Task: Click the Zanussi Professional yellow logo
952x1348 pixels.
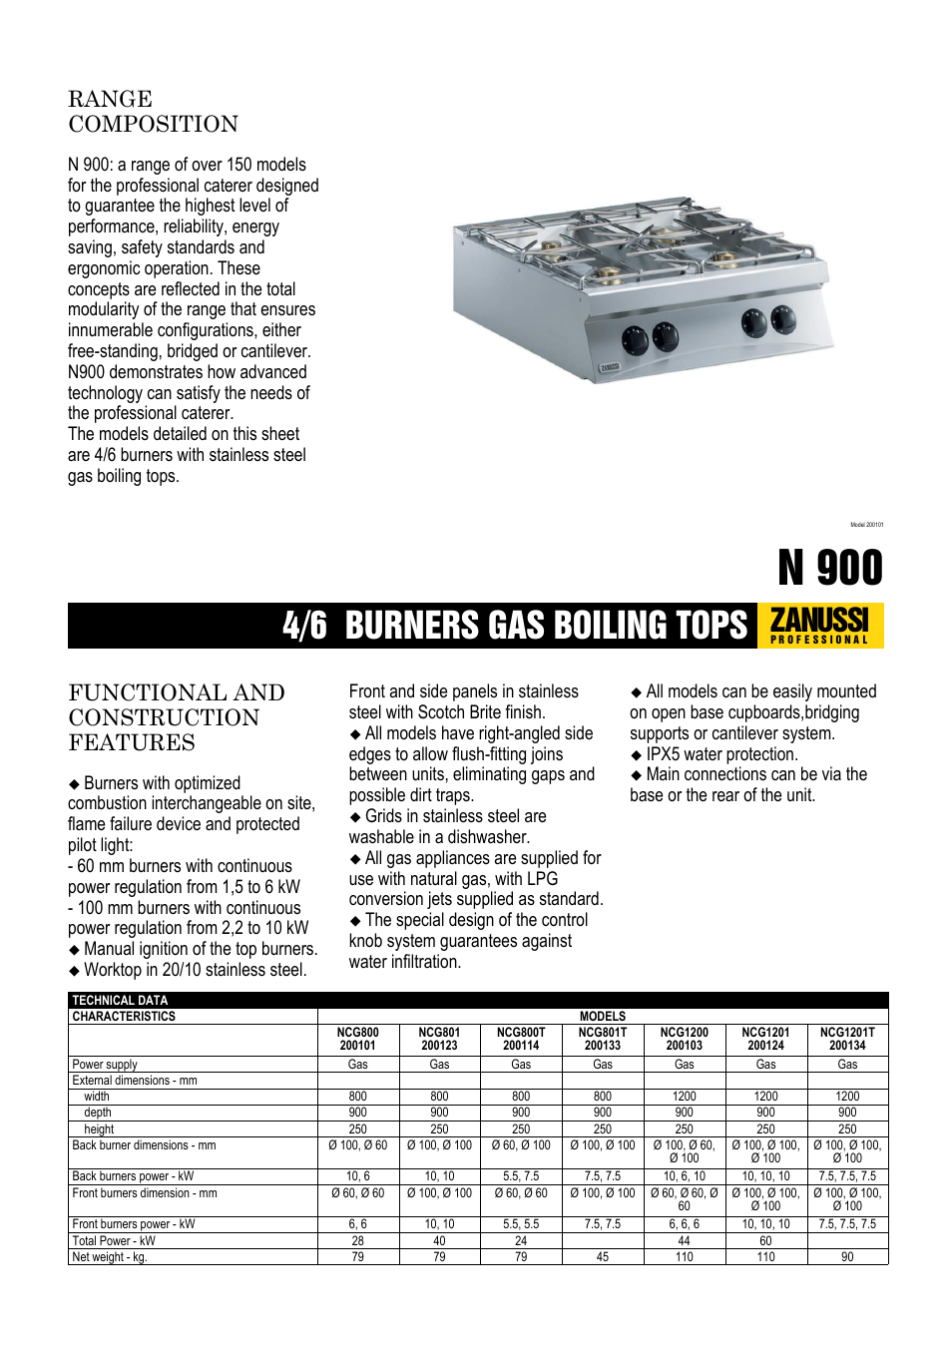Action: [820, 626]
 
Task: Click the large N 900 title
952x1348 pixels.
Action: [830, 568]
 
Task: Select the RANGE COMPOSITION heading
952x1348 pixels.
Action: [153, 112]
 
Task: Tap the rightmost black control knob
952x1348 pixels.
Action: [783, 319]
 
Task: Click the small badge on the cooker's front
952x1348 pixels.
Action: [609, 367]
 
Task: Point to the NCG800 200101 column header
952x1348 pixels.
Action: [358, 1039]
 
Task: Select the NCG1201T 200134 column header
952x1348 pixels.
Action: [847, 1039]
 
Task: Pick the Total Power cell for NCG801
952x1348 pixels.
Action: [439, 1241]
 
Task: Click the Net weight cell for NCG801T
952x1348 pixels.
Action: [603, 1257]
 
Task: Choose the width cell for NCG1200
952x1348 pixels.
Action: [685, 1097]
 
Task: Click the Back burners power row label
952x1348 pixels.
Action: [133, 1176]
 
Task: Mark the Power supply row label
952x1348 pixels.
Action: [105, 1065]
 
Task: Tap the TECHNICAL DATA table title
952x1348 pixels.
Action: [120, 1000]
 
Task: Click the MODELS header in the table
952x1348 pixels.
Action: [603, 1016]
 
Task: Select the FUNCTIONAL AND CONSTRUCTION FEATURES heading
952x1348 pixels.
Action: [177, 717]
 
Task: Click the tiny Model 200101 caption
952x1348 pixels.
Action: [866, 525]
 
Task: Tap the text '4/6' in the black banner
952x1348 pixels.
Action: [304, 626]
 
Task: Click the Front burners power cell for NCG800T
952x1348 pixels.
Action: [521, 1224]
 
